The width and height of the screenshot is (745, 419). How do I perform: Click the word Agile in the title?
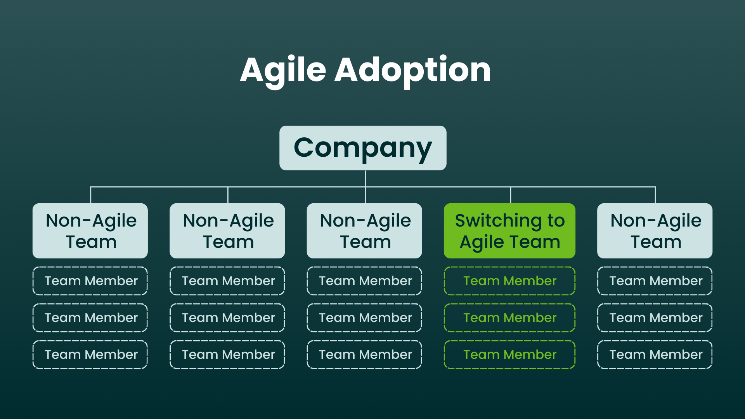tap(283, 71)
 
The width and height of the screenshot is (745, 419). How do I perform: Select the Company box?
tap(363, 148)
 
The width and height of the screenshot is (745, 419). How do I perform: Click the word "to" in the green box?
tap(556, 220)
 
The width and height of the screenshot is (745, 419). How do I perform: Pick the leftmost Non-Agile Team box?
tap(90, 231)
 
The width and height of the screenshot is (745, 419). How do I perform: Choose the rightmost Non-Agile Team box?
tap(655, 231)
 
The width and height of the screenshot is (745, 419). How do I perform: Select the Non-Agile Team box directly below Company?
tap(364, 231)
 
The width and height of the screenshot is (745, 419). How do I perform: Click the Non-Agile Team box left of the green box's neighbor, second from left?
tap(227, 231)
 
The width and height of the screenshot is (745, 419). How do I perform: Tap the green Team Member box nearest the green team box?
tap(509, 281)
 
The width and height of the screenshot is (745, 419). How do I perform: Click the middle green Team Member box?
tap(509, 318)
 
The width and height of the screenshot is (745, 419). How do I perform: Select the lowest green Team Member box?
tap(509, 355)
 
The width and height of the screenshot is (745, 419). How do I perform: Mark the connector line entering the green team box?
tap(511, 195)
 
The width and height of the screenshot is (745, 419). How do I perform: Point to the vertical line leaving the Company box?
tap(366, 178)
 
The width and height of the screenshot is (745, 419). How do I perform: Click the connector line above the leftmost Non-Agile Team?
tap(91, 195)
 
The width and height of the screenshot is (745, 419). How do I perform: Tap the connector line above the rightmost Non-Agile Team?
tap(655, 195)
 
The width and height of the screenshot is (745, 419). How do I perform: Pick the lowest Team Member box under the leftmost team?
tap(90, 355)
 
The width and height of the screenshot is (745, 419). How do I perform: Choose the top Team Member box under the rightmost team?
tap(655, 281)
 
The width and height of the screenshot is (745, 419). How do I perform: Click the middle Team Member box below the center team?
tap(364, 318)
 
